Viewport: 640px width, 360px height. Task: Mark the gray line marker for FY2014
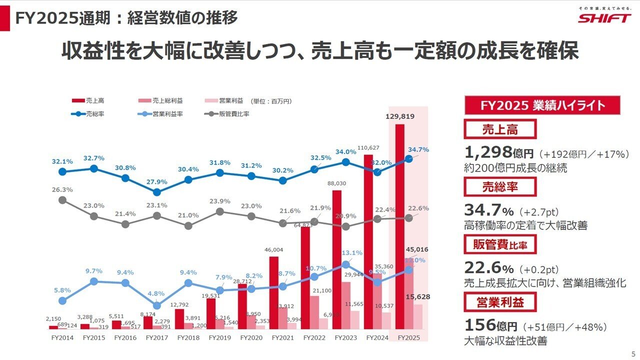point(62,199)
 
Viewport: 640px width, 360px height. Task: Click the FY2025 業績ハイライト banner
point(542,105)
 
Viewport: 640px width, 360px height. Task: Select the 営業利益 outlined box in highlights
point(500,302)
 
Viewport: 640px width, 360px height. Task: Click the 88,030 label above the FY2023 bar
point(337,183)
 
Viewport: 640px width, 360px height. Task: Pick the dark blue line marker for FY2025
point(408,158)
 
